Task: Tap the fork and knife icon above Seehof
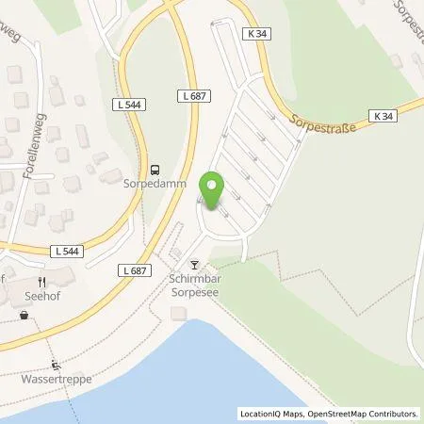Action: [42, 282]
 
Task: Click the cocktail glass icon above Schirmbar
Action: [195, 265]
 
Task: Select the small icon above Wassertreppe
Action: [57, 367]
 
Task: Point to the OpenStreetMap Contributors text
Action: [364, 414]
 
